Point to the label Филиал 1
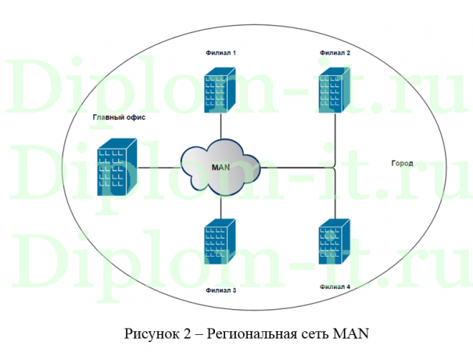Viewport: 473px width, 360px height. tap(220, 52)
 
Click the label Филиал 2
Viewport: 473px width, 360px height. tap(335, 52)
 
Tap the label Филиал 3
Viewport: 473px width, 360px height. tap(220, 290)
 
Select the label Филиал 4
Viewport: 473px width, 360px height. tap(335, 287)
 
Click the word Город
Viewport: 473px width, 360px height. tap(401, 164)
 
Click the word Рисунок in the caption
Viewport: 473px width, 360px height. tap(151, 334)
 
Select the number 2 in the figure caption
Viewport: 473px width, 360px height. tap(187, 334)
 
